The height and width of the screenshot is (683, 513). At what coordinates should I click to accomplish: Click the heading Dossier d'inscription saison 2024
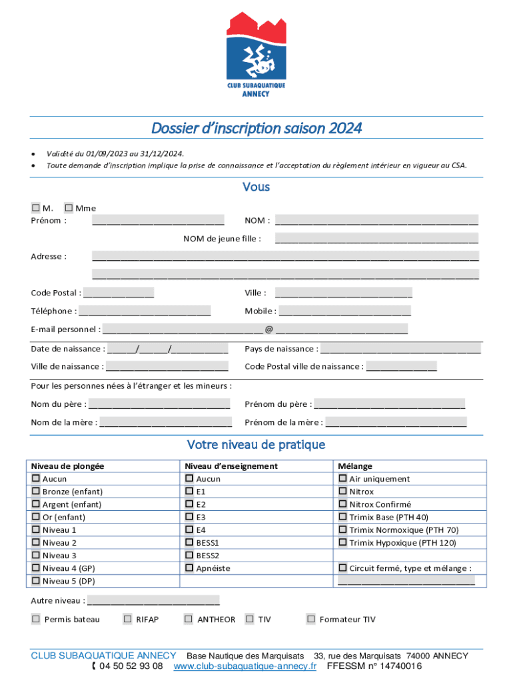(256, 128)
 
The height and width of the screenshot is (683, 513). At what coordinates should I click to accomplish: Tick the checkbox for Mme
(69, 208)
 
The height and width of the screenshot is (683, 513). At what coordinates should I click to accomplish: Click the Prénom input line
(158, 221)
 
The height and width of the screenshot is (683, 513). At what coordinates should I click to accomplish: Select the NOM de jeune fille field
(376, 239)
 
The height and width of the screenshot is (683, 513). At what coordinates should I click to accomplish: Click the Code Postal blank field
(119, 293)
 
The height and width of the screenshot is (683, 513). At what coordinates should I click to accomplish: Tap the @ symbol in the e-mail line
(268, 329)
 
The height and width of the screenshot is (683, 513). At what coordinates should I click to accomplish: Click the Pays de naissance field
(400, 349)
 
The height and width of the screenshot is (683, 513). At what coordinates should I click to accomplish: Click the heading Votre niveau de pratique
(256, 445)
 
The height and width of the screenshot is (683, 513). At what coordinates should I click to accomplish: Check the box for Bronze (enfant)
(36, 492)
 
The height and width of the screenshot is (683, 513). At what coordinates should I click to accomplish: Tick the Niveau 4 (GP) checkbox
(36, 568)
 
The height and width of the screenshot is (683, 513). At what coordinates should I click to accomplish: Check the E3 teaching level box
(190, 517)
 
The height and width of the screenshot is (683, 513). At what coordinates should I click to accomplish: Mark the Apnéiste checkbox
(190, 568)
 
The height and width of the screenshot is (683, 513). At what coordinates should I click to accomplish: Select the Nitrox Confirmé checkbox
(342, 504)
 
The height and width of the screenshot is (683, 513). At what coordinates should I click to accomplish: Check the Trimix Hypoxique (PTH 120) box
(342, 543)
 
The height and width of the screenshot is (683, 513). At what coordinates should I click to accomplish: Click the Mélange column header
(355, 466)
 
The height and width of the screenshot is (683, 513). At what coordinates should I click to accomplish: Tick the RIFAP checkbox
(127, 619)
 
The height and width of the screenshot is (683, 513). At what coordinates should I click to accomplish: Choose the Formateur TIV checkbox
(310, 619)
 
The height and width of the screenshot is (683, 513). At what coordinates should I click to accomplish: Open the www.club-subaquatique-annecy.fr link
(245, 666)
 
